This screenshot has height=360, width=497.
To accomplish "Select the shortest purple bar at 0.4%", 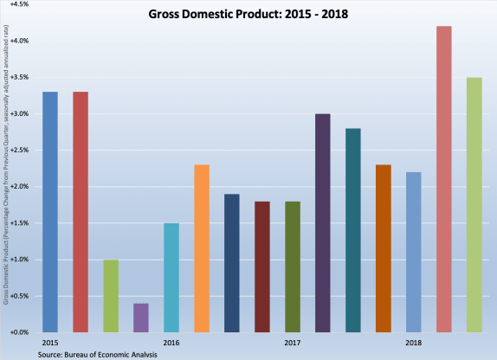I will click(x=141, y=318).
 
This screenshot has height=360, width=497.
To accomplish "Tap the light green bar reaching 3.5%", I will click(x=474, y=205).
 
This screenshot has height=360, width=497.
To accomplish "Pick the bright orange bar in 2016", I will click(x=201, y=248).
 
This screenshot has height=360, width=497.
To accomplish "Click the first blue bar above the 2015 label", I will click(x=50, y=212).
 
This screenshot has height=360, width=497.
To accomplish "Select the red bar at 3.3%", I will click(x=81, y=212).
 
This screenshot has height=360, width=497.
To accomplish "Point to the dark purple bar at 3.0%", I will click(x=322, y=223).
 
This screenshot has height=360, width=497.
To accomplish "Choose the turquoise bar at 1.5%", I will click(x=171, y=278).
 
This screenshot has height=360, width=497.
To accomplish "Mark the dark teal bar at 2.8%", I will click(x=352, y=230).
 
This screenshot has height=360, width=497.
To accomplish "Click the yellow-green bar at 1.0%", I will click(x=111, y=296).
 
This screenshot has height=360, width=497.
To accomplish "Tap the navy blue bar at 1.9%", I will click(x=231, y=263).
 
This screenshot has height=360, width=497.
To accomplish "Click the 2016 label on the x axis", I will click(x=171, y=343).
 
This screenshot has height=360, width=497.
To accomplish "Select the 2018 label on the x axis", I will click(x=413, y=343).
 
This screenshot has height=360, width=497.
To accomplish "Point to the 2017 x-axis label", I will click(x=292, y=343).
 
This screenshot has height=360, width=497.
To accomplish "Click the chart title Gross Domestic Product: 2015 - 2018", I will click(x=248, y=15).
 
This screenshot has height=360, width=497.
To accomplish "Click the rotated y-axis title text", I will click(x=6, y=164).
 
